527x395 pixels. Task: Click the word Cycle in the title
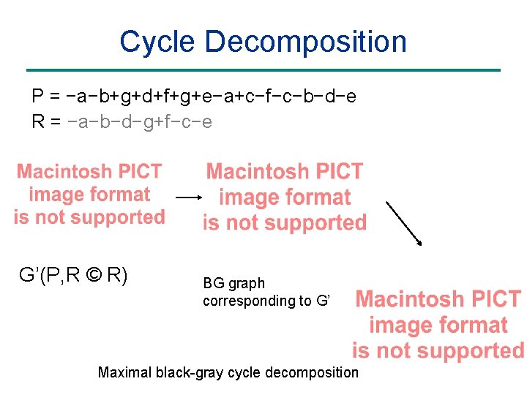point(157,42)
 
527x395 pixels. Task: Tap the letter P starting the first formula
point(37,96)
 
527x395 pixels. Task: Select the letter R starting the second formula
point(37,121)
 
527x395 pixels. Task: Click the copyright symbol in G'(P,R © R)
point(94,276)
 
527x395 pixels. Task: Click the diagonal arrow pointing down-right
point(404,223)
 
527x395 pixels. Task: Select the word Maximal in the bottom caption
point(124,372)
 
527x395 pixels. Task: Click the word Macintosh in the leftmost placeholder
point(61,172)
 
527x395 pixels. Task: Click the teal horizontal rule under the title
point(263,70)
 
